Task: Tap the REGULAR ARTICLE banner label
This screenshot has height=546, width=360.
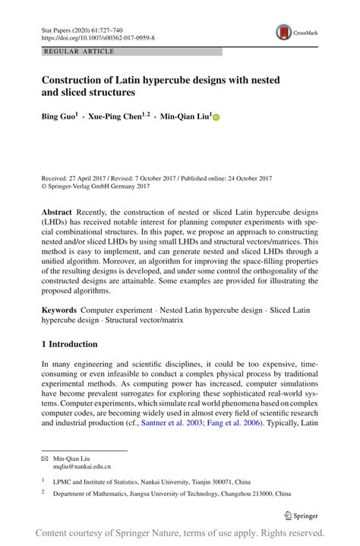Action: pyautogui.click(x=80, y=52)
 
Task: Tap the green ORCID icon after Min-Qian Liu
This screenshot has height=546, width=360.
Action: pyautogui.click(x=215, y=118)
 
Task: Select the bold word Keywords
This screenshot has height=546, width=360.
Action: pyautogui.click(x=59, y=311)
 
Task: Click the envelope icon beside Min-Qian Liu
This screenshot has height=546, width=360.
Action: pyautogui.click(x=44, y=459)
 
